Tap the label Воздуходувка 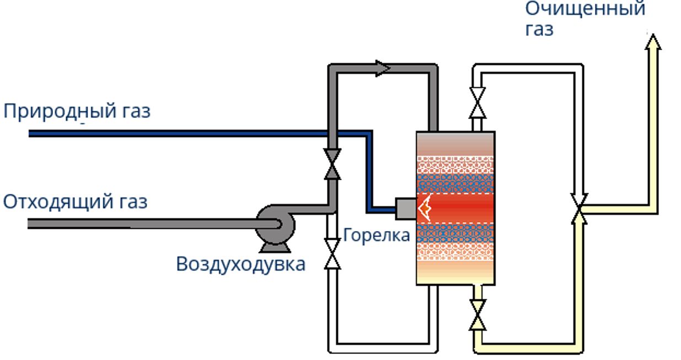click(x=240, y=264)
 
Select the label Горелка click(x=376, y=235)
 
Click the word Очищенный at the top click(x=585, y=9)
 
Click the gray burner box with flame click(x=406, y=208)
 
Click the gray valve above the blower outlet click(x=332, y=163)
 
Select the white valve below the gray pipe click(x=332, y=254)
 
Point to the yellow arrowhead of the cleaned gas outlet click(x=653, y=42)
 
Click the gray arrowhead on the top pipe click(x=383, y=68)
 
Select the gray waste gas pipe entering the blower click(x=138, y=224)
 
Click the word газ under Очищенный click(x=539, y=29)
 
